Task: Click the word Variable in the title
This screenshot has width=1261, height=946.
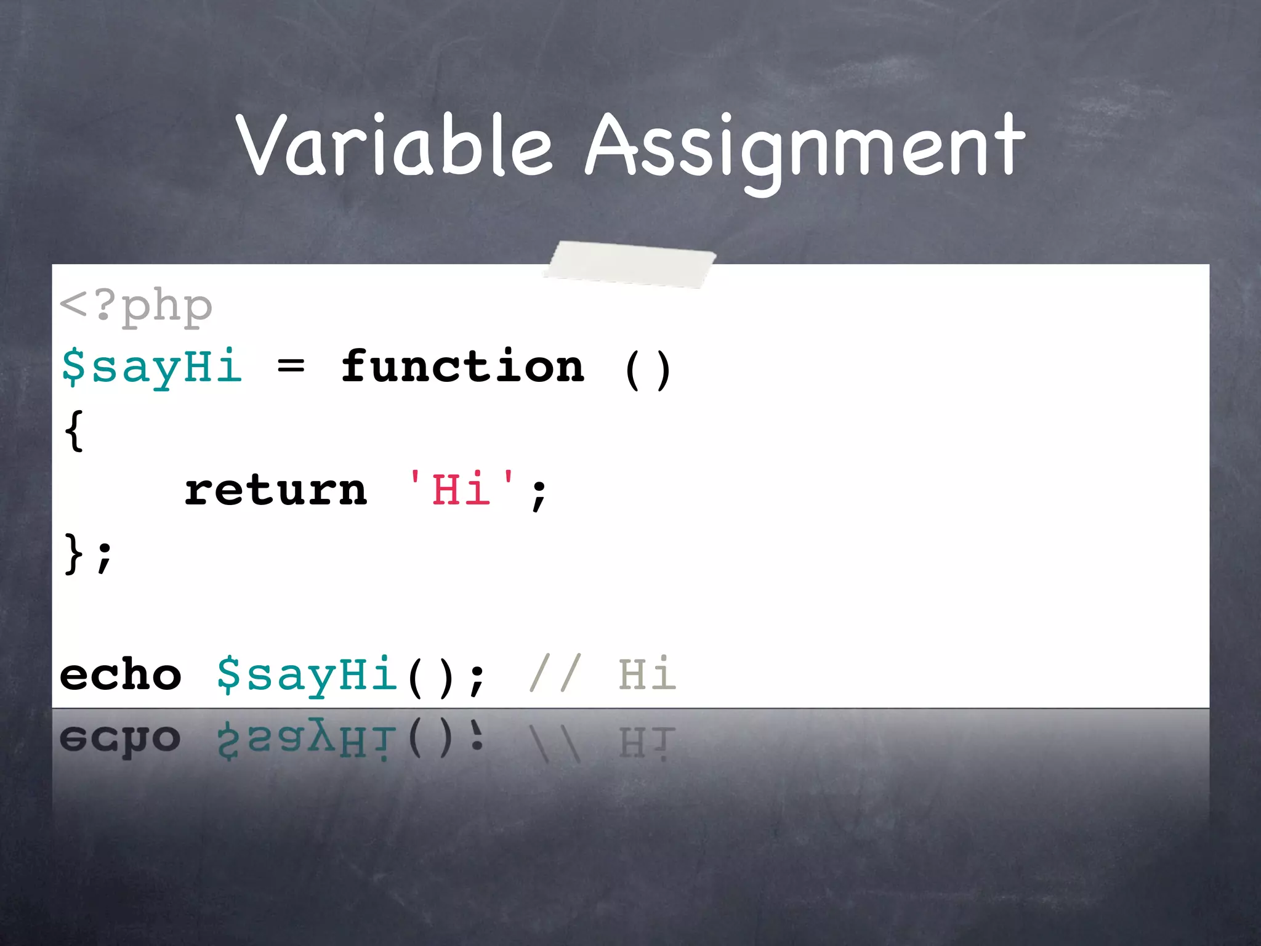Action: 394,146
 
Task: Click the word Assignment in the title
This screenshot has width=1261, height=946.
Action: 804,148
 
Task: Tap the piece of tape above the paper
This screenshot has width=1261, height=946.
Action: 630,264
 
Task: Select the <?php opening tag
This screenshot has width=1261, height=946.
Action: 136,306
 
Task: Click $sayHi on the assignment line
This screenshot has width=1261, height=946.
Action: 151,367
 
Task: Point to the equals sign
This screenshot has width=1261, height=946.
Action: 291,368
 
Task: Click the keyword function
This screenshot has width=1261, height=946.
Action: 462,367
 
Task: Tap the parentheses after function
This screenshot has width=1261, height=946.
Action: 647,370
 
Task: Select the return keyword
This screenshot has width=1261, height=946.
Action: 276,491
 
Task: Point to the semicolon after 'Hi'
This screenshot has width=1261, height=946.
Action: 539,494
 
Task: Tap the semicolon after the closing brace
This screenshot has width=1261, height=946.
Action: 105,557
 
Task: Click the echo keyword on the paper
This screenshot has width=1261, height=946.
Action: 121,675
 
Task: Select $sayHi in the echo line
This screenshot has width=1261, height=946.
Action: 307,675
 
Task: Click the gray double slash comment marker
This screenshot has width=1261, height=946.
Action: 555,674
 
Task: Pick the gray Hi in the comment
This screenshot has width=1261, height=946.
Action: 647,674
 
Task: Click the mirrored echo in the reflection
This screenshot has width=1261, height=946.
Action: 121,739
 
